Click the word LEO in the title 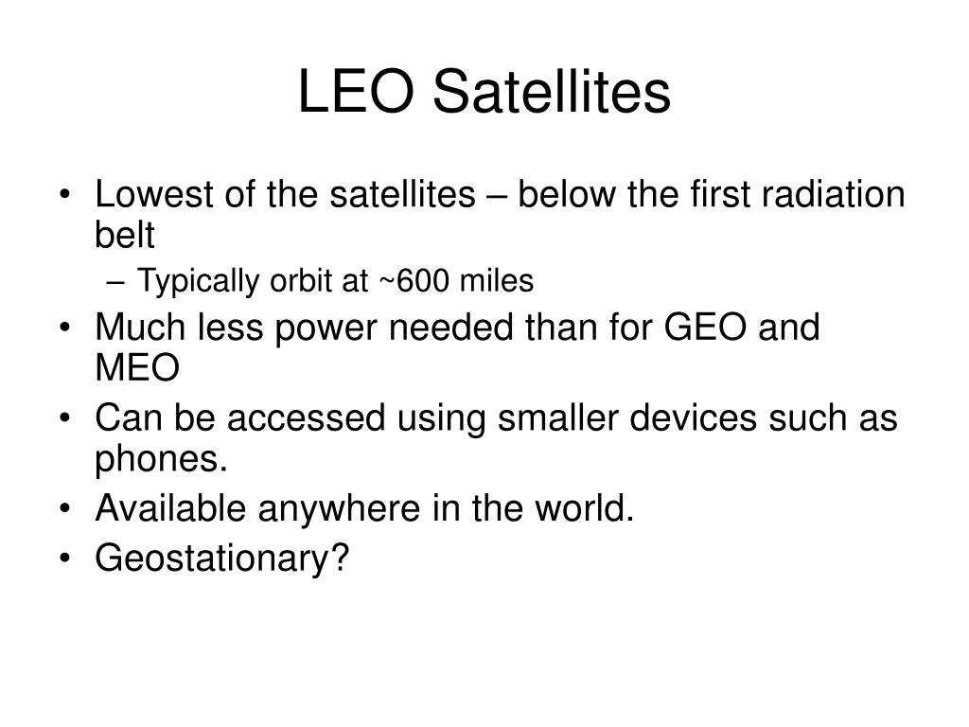click(x=356, y=92)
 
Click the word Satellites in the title click(x=552, y=92)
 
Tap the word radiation click(x=833, y=194)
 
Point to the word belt click(x=124, y=235)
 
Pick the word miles click(x=497, y=280)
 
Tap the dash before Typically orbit click(x=115, y=283)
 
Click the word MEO click(x=137, y=368)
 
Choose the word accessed click(x=306, y=417)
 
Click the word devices click(x=693, y=417)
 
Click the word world click(x=584, y=508)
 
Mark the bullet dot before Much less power click(x=65, y=327)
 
